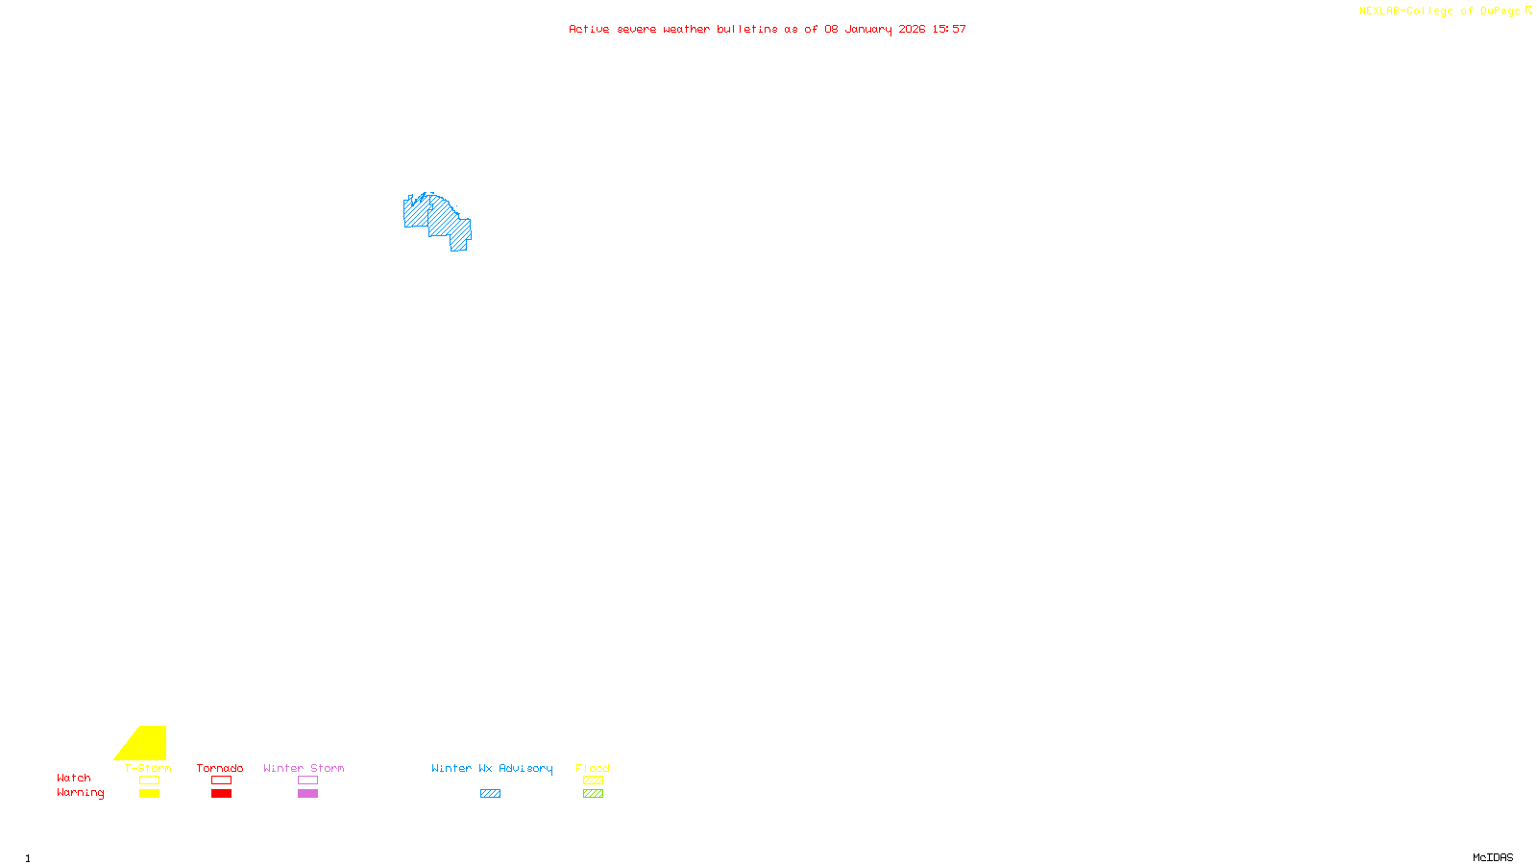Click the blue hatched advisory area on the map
coord(443,222)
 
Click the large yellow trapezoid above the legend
coord(145,744)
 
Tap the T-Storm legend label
coord(148,768)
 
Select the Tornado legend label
coord(220,768)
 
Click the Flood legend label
coord(593,768)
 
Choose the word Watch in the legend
coord(74,779)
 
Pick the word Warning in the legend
coord(80,793)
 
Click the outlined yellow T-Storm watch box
coord(149,780)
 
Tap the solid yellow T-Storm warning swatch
coord(149,794)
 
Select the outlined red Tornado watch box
coord(221,780)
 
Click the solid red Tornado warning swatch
coord(221,794)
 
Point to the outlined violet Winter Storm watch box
coord(307,780)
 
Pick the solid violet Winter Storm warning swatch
coord(307,794)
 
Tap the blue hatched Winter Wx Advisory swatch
coord(490,794)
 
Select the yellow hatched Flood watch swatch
coord(593,780)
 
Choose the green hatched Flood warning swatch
coord(593,794)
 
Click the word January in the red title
coord(867,29)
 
